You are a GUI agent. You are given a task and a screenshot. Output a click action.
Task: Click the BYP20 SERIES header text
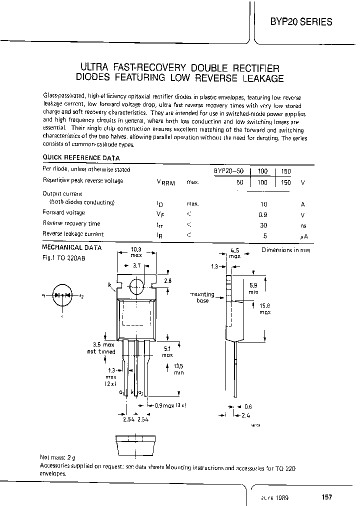(300, 21)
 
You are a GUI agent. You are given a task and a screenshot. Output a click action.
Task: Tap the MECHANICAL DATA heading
(72, 247)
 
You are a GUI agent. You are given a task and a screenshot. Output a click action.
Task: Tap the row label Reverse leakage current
(73, 234)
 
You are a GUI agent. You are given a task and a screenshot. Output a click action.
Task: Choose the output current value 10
(263, 204)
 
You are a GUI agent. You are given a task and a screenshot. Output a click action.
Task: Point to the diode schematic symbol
(62, 295)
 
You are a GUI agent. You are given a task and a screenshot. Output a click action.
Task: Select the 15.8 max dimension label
(264, 308)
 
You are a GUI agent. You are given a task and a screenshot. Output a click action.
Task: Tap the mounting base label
(202, 297)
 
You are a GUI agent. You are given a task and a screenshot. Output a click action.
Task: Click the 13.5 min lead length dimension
(178, 369)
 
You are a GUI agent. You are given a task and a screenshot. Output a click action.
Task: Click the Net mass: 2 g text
(57, 457)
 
